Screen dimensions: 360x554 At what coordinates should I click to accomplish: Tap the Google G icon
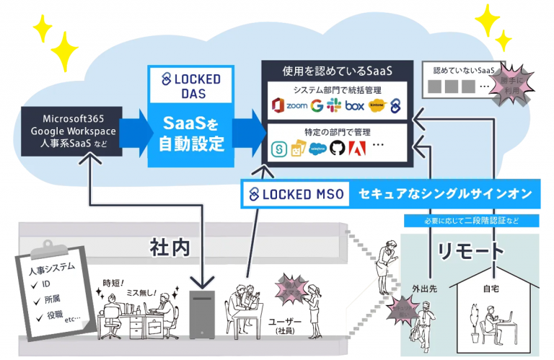317,106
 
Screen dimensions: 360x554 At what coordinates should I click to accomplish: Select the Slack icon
333,106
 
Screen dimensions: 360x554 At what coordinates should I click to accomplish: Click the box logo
353,106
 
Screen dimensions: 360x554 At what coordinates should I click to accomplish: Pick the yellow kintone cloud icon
377,106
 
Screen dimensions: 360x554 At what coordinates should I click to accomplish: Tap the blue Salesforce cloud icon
317,149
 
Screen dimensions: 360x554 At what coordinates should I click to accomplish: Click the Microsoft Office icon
278,106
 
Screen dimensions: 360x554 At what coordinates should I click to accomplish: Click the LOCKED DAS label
190,84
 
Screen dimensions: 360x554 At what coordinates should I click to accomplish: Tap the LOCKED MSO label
296,193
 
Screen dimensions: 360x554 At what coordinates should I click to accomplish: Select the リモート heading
470,251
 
